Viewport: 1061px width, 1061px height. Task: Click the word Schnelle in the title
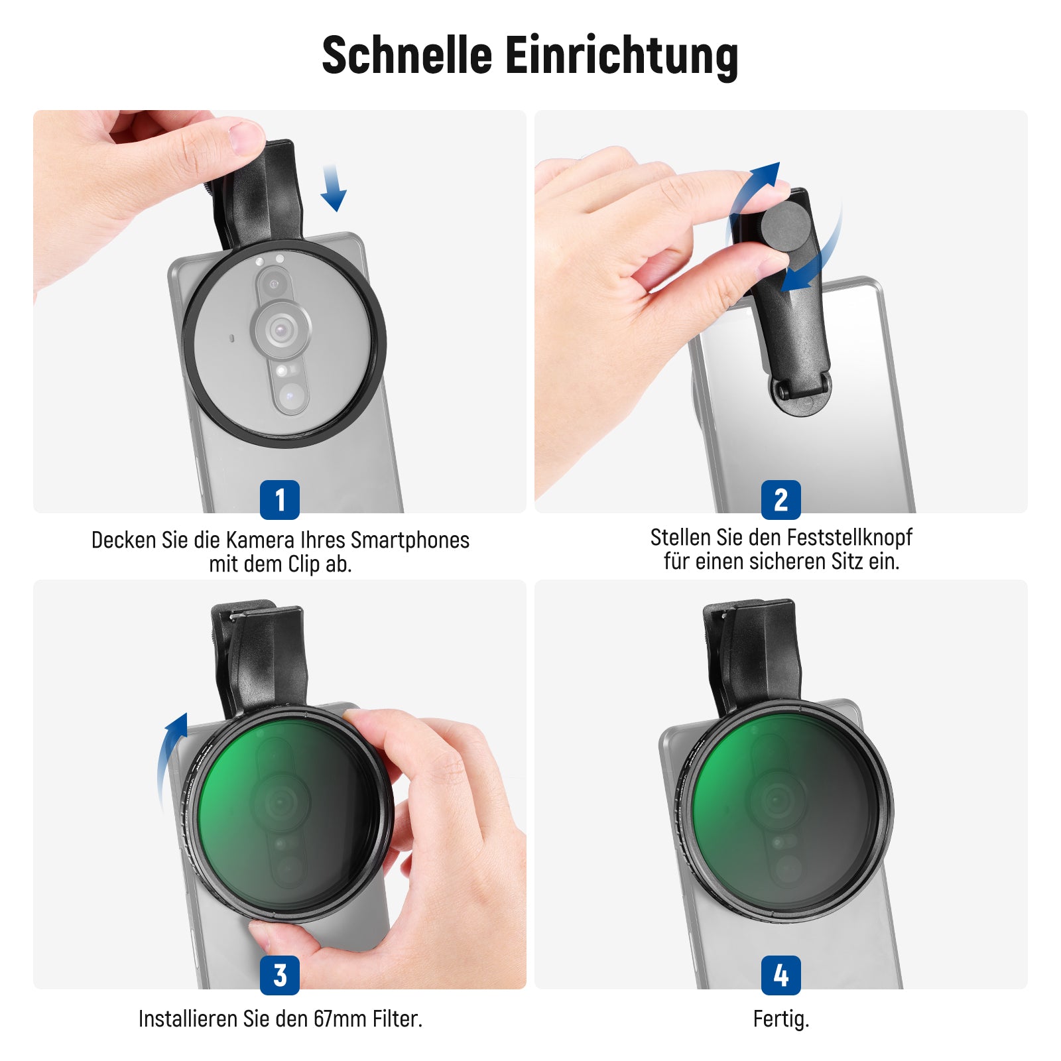406,55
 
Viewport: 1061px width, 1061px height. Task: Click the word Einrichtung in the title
622,56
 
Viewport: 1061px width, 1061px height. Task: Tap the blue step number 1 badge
280,499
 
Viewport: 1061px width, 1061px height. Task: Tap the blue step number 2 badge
781,499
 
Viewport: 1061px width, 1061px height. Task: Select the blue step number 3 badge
280,975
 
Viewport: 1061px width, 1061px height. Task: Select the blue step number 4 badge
781,975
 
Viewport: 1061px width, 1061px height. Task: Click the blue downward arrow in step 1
333,188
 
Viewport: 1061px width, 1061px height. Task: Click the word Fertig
781,1019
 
